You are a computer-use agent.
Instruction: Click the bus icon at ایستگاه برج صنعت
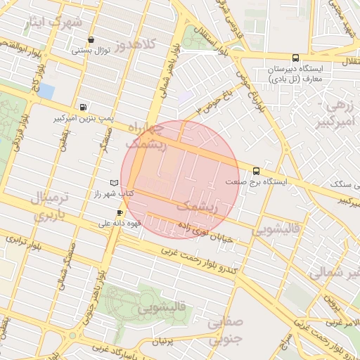coord(255,170)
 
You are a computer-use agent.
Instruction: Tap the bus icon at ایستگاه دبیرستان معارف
coord(295,58)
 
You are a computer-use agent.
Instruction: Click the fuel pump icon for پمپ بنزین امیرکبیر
coord(84,108)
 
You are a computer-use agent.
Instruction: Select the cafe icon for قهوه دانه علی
coord(120,212)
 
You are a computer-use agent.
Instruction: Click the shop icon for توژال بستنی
coord(91,39)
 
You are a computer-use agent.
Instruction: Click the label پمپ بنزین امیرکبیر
coord(84,119)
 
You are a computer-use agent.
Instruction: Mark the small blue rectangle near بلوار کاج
coord(46,91)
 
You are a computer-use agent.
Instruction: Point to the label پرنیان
coord(162,341)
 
